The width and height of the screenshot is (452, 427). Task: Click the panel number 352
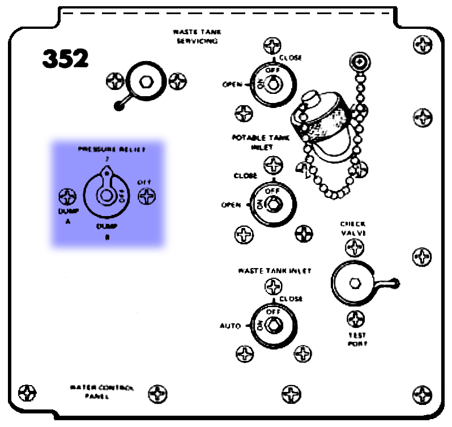click(x=65, y=58)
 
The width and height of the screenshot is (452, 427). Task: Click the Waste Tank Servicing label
click(x=195, y=37)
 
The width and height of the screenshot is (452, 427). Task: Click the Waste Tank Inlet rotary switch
click(x=271, y=325)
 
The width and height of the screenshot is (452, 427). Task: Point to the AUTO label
click(x=231, y=326)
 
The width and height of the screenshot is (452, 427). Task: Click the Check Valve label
click(x=354, y=228)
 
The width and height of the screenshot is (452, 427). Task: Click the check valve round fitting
click(x=353, y=282)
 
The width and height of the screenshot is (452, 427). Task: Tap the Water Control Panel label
click(x=102, y=392)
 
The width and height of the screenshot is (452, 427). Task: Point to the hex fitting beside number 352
click(x=146, y=81)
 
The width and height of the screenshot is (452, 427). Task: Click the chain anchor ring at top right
click(x=359, y=60)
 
